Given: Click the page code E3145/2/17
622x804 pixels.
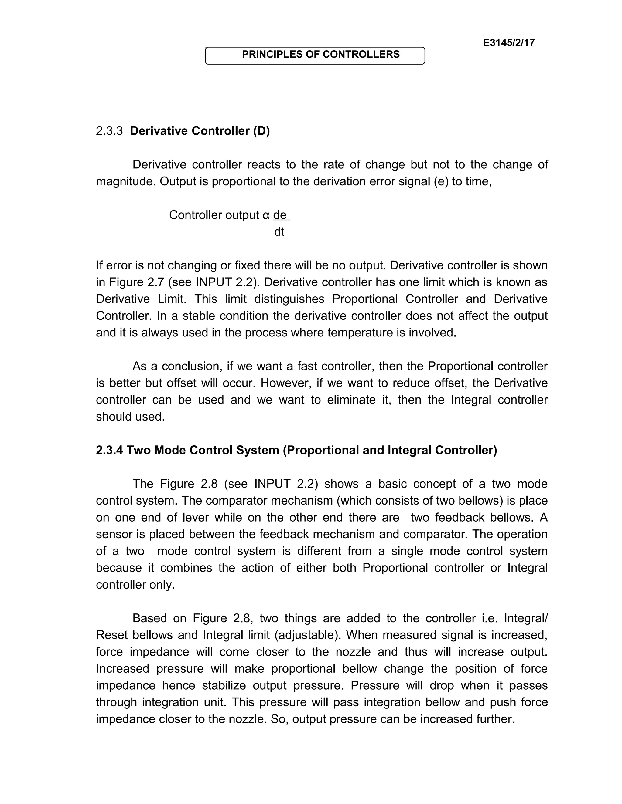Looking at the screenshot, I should coord(508,43).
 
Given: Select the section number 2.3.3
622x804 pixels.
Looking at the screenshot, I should coord(109,131).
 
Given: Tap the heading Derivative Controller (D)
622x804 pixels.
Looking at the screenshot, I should coord(200,131).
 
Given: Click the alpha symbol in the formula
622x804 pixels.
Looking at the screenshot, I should coord(266,215).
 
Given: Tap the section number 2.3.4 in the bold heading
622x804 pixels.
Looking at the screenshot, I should coord(109,450).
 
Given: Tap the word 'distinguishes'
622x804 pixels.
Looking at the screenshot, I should coord(289,299).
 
